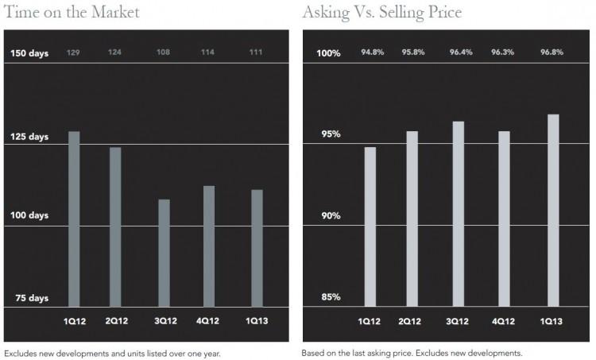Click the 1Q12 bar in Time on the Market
click(74, 219)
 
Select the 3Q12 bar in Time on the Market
click(164, 253)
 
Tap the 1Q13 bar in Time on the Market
click(257, 248)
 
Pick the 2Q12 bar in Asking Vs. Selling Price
click(412, 219)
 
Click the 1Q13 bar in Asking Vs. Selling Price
click(553, 211)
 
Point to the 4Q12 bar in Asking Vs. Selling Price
click(504, 219)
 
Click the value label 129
click(74, 52)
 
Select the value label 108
click(164, 52)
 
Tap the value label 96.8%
click(552, 52)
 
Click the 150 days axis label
click(29, 53)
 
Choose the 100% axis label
click(329, 53)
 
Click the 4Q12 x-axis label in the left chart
click(208, 321)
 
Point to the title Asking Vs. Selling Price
click(381, 12)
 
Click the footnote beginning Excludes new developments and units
click(112, 353)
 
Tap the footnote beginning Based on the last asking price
click(411, 353)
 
